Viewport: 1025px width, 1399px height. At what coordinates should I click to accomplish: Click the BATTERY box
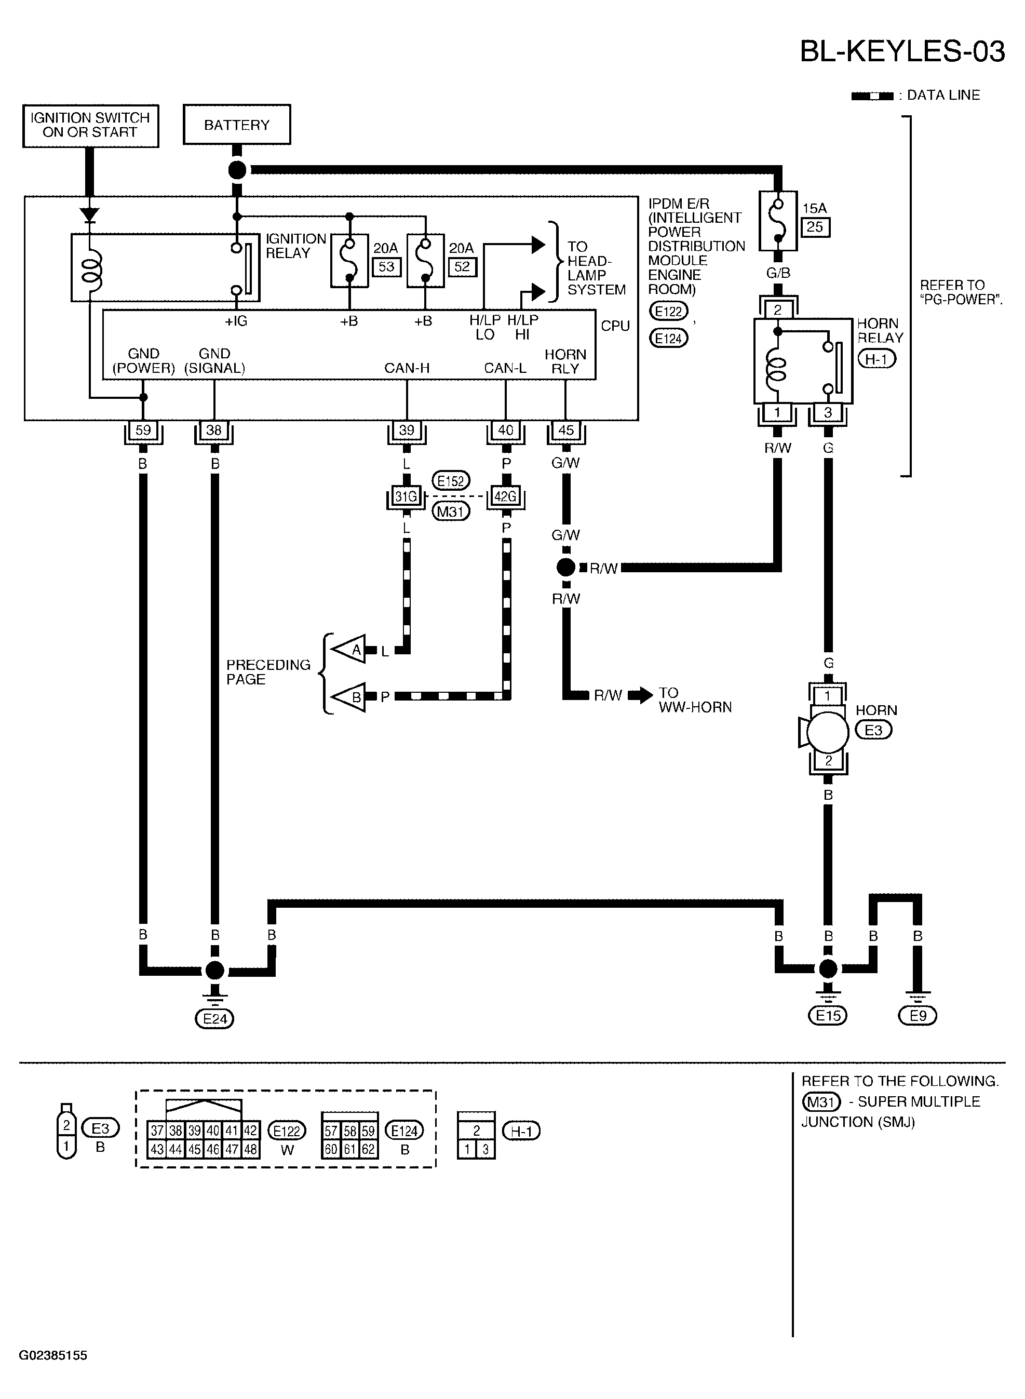236,125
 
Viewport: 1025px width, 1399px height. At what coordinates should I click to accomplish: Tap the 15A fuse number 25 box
815,227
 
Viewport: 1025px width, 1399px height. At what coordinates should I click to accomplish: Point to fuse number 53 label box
386,267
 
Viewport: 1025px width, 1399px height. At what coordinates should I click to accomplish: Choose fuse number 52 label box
462,267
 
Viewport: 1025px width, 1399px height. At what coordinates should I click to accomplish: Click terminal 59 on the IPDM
143,430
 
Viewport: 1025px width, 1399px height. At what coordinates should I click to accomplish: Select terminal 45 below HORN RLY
566,430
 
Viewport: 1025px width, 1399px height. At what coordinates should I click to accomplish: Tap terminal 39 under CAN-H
407,430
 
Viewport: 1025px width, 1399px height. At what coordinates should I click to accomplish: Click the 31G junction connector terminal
407,496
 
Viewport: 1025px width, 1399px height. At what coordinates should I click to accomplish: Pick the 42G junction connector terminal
506,496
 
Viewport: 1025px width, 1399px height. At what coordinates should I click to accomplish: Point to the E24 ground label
214,1019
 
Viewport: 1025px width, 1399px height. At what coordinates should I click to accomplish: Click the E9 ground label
918,1016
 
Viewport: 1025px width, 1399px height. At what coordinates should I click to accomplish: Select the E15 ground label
828,1016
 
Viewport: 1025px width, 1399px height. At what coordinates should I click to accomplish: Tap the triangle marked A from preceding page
349,650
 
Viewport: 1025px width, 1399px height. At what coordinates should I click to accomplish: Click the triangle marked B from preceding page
349,697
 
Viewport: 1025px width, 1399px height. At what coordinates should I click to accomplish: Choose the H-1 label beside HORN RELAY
876,359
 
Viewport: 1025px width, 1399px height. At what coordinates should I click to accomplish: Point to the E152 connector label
451,481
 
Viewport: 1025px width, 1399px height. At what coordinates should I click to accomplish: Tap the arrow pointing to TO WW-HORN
641,695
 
